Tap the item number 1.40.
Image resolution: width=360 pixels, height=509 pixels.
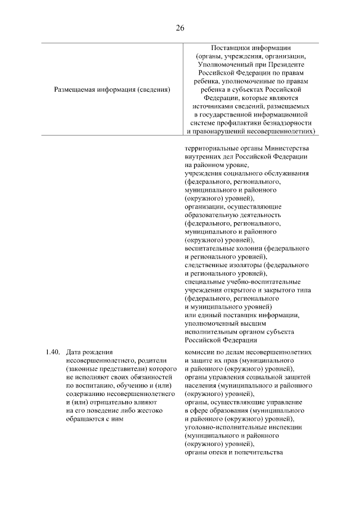pyautogui.click(x=52, y=352)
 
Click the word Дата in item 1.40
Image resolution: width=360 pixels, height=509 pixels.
pyautogui.click(x=74, y=352)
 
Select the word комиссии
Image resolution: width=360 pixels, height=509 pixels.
pyautogui.click(x=201, y=352)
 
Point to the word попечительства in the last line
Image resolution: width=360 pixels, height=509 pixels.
pyautogui.click(x=258, y=453)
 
